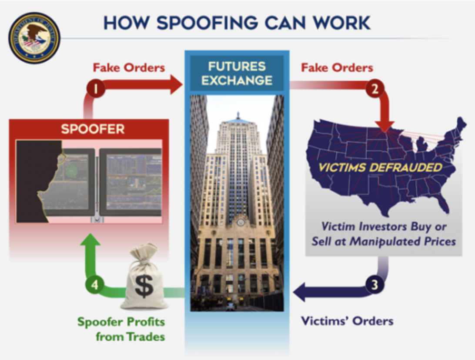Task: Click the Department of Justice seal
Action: (34, 38)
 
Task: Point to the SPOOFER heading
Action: (93, 129)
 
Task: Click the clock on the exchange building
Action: (240, 222)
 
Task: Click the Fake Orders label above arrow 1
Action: (129, 68)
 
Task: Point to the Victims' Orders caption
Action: (347, 321)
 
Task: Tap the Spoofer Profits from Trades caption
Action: (121, 329)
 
